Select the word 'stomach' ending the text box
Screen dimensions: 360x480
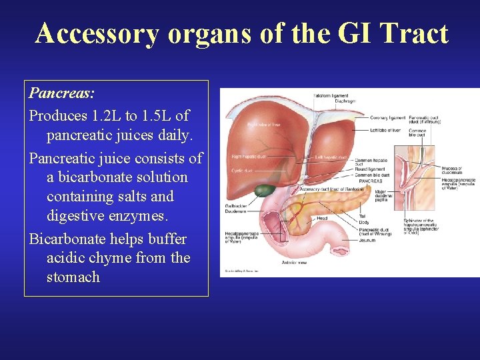click(x=73, y=277)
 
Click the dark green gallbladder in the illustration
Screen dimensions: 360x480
click(x=264, y=188)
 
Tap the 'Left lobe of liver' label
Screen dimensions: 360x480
click(x=387, y=130)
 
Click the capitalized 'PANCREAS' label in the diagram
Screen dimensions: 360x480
click(x=371, y=181)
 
